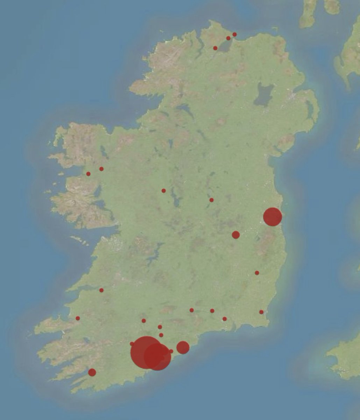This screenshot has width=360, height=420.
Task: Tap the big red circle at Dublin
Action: click(273, 217)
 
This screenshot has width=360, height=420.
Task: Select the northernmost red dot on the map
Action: click(234, 34)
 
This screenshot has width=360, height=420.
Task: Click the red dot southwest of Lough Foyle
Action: click(215, 48)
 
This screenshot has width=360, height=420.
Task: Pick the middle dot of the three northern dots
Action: click(228, 38)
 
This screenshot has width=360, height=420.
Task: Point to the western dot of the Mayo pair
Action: click(88, 174)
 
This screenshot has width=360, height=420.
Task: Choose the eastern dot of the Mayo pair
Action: click(101, 169)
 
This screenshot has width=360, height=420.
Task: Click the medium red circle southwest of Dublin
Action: click(236, 235)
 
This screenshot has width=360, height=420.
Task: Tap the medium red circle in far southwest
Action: click(92, 372)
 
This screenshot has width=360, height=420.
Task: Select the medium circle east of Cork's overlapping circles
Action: click(183, 347)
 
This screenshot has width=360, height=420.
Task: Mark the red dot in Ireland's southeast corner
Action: click(261, 312)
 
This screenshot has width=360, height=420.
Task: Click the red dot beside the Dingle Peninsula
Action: click(78, 318)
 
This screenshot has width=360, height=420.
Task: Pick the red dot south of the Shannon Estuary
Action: click(101, 290)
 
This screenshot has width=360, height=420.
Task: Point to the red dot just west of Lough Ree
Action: click(163, 191)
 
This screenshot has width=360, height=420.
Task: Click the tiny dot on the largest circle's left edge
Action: click(132, 344)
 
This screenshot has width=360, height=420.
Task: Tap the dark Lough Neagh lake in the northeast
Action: click(264, 94)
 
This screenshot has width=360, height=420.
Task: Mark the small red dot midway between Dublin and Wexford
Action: click(257, 273)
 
